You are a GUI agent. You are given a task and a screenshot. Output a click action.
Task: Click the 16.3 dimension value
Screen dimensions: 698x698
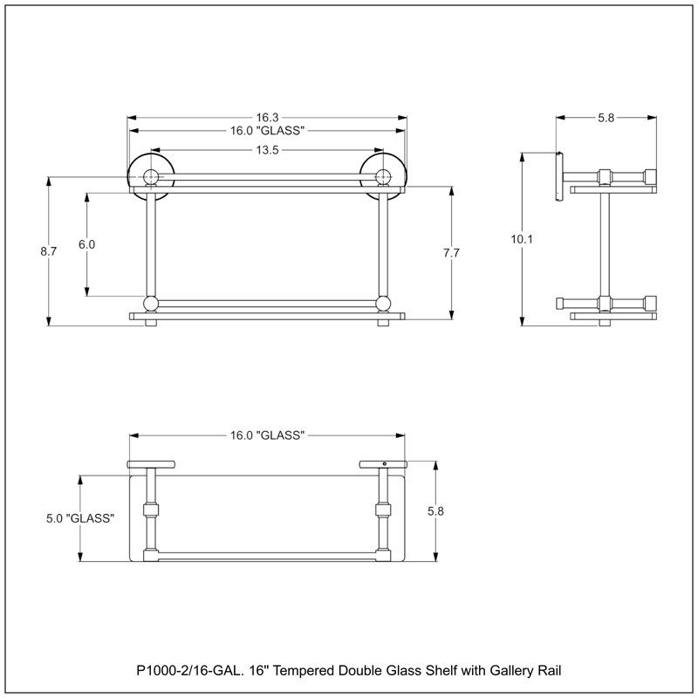tap(267, 118)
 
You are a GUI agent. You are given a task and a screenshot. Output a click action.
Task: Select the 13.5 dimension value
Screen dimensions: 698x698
tap(267, 150)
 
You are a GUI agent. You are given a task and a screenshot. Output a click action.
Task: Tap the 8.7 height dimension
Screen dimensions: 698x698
tap(49, 251)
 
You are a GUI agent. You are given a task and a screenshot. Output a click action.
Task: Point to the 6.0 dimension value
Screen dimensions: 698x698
tap(86, 244)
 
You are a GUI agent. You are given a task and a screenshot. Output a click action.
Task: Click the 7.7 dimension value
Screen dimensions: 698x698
tap(451, 253)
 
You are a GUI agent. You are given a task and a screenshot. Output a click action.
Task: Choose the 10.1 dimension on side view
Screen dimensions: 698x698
tap(522, 239)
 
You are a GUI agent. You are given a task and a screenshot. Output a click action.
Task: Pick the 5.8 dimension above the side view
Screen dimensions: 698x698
tap(606, 118)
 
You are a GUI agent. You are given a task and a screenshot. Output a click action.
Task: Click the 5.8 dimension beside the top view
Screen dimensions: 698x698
tap(435, 511)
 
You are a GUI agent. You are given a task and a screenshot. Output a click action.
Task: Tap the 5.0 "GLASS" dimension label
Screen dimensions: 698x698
tap(80, 518)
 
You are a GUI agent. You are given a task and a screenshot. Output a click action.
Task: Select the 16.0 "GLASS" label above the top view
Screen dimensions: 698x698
tap(267, 435)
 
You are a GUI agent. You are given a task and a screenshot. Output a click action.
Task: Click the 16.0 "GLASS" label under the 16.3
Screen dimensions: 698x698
tap(267, 130)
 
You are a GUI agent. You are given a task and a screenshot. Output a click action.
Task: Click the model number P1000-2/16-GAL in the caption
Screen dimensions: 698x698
tap(189, 670)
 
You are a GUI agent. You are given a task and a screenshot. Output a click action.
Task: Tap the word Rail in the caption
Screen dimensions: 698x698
tap(550, 670)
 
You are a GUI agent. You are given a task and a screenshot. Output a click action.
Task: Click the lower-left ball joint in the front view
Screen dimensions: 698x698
tap(151, 304)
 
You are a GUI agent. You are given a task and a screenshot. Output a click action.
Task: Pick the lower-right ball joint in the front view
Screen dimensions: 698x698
tap(383, 304)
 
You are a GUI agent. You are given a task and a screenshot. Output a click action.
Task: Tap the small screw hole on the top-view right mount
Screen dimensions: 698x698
tap(384, 464)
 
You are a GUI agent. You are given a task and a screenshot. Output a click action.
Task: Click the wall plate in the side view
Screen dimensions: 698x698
tap(559, 177)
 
